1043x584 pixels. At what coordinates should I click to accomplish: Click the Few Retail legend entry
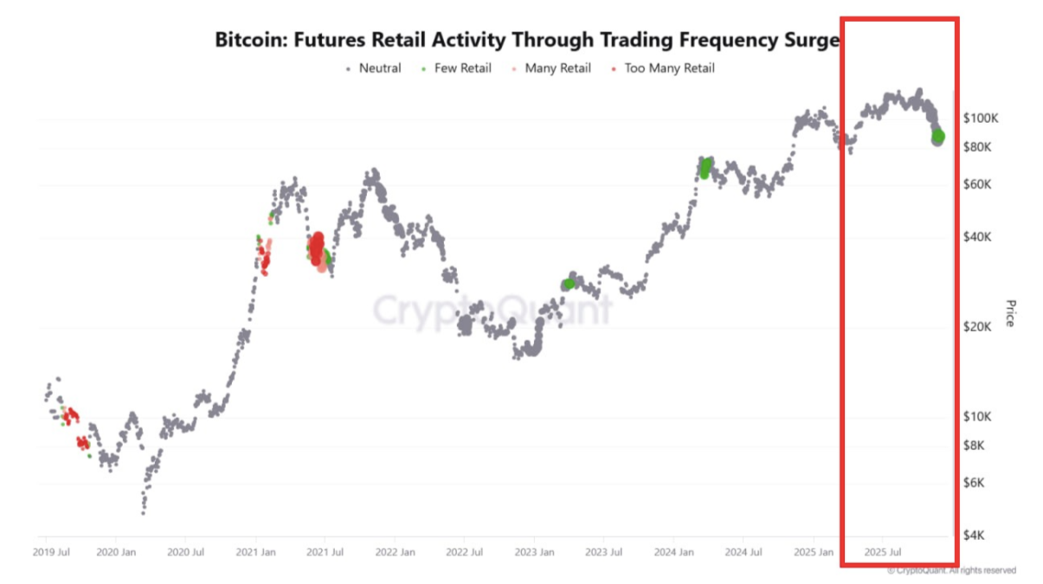coord(462,68)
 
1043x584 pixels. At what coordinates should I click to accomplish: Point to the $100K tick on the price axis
coord(981,117)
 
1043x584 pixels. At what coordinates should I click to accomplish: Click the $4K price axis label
coord(976,536)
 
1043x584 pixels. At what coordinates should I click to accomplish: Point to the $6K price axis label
coord(976,482)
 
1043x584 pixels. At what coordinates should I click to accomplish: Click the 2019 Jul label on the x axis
coord(52,551)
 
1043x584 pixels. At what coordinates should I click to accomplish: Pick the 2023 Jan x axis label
coord(534,551)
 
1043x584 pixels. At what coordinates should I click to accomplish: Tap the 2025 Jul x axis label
coord(884,551)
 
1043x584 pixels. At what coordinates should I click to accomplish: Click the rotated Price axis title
coord(1009,313)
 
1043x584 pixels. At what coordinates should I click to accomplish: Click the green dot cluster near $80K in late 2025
coord(937,137)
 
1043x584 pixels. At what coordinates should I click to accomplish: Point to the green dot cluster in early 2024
coord(705,168)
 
